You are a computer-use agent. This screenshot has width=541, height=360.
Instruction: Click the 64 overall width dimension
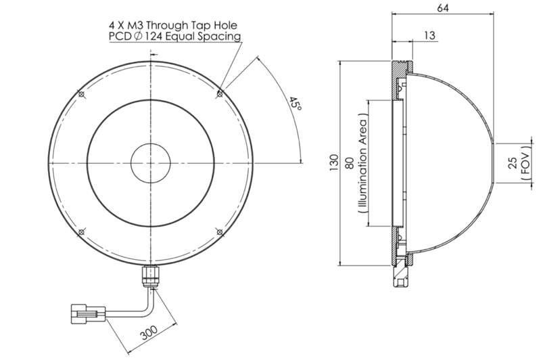pyautogui.click(x=443, y=9)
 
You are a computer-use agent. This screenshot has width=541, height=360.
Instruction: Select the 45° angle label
pyautogui.click(x=294, y=107)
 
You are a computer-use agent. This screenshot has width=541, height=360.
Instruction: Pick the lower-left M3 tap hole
pyautogui.click(x=80, y=233)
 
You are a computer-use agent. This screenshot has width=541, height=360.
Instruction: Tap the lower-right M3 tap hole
pyautogui.click(x=219, y=233)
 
